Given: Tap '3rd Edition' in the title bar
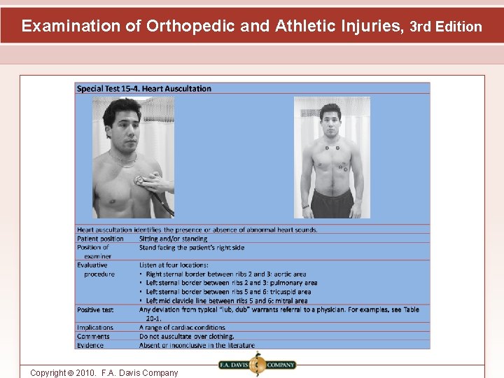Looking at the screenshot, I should pyautogui.click(x=446, y=27).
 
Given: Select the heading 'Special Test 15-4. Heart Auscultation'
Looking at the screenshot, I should pyautogui.click(x=144, y=89).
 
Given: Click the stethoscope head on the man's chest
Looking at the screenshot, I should pyautogui.click(x=140, y=180).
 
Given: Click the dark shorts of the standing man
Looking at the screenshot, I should pyautogui.click(x=332, y=204).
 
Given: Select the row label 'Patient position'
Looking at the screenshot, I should pyautogui.click(x=100, y=239).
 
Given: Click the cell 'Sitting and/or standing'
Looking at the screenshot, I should pyautogui.click(x=173, y=239).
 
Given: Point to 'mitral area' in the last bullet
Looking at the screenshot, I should pyautogui.click(x=289, y=301).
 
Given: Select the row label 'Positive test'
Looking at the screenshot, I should pyautogui.click(x=95, y=309).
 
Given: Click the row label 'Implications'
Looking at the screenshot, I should pyautogui.click(x=95, y=328).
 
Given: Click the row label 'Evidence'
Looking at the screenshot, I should pyautogui.click(x=90, y=345).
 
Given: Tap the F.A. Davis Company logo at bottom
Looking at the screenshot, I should pyautogui.click(x=257, y=365).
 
